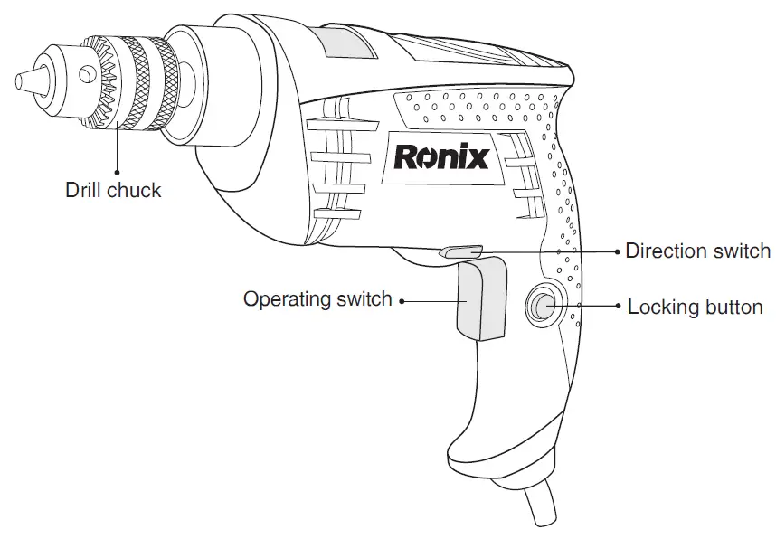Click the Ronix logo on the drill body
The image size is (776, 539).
tap(441, 156)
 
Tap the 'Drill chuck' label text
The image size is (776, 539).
tap(113, 191)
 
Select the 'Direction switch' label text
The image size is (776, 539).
tap(697, 251)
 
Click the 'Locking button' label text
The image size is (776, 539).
tap(695, 307)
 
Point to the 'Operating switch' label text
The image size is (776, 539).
tap(317, 298)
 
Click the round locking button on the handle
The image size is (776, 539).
tap(544, 307)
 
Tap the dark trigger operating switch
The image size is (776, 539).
tap(480, 298)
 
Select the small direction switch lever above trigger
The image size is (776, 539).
tap(459, 252)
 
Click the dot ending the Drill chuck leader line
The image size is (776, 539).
tap(116, 169)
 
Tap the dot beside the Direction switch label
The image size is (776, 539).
tap(618, 251)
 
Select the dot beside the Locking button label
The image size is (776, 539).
tap(618, 307)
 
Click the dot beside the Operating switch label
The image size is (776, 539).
tap(402, 299)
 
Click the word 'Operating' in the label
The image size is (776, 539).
tap(286, 298)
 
